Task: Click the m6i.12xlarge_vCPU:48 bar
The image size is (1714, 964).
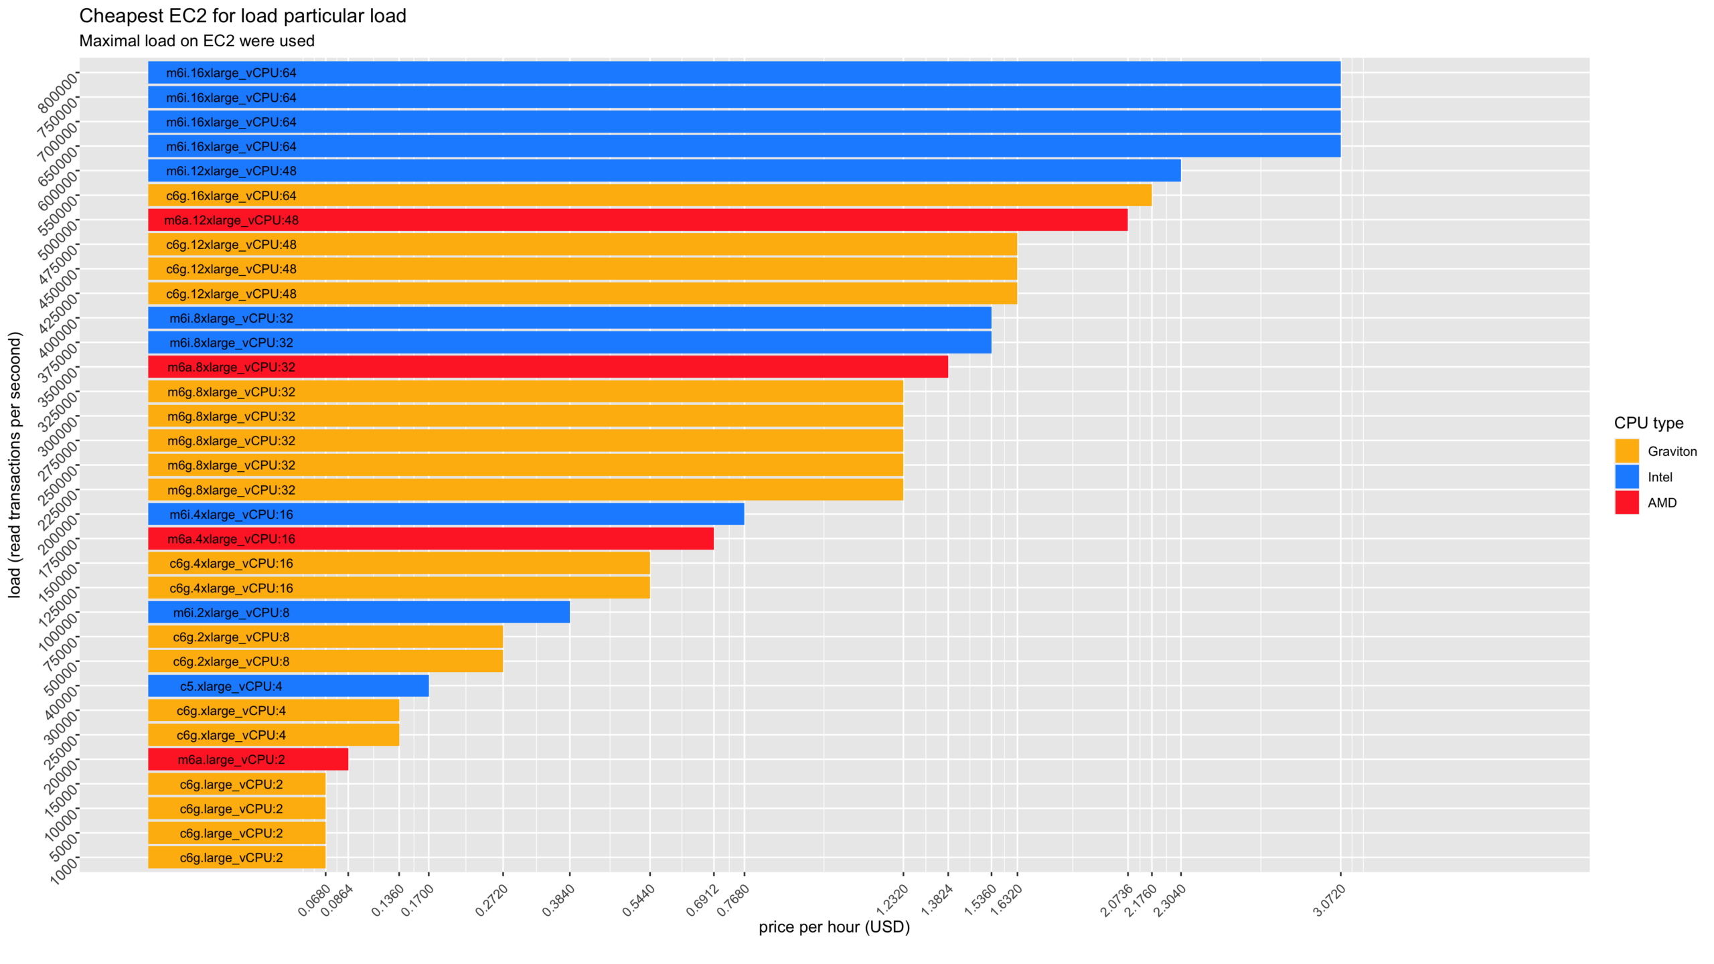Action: (663, 171)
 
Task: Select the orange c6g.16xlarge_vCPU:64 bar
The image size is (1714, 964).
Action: (649, 195)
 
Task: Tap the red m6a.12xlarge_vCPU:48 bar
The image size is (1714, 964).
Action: (636, 220)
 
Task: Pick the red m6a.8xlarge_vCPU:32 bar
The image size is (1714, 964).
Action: (548, 367)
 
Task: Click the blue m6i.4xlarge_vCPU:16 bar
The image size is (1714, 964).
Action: (445, 514)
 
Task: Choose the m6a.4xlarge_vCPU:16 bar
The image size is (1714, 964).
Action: (431, 539)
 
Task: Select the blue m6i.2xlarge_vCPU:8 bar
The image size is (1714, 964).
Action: (358, 613)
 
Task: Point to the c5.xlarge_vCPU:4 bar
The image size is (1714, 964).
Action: (288, 686)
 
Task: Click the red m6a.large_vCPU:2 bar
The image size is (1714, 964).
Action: (248, 759)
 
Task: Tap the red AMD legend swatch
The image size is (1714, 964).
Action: (1626, 503)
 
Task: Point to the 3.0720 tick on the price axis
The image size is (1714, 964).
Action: (1330, 900)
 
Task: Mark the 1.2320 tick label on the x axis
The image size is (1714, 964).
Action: (892, 900)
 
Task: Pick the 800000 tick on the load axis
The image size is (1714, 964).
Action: (58, 94)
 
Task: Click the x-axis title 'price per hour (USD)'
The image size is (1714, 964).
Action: (834, 927)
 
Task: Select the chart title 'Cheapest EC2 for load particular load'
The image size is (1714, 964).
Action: (242, 16)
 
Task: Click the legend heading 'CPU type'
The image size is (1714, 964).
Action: (1648, 423)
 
